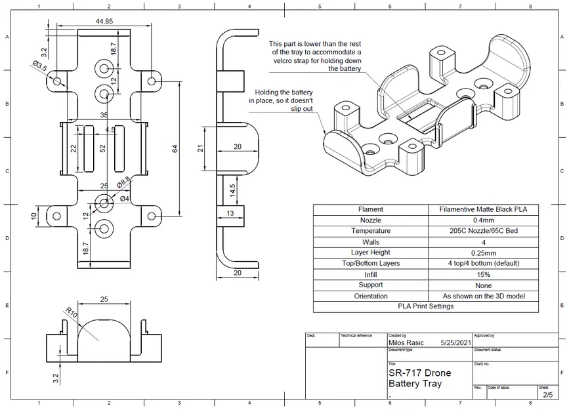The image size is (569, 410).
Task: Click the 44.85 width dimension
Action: tap(104, 21)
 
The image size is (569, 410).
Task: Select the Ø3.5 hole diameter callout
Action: tap(39, 66)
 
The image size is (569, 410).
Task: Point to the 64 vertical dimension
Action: tap(175, 150)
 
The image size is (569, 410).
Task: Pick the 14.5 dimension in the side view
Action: tap(232, 190)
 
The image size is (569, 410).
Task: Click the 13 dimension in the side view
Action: tap(231, 213)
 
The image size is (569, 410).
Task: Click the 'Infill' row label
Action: tap(370, 274)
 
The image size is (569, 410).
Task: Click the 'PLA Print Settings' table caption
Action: tap(425, 306)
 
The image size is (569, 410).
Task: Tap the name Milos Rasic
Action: tap(406, 342)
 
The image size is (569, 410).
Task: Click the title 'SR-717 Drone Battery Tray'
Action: tap(419, 379)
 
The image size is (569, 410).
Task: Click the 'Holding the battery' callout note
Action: tap(284, 92)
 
